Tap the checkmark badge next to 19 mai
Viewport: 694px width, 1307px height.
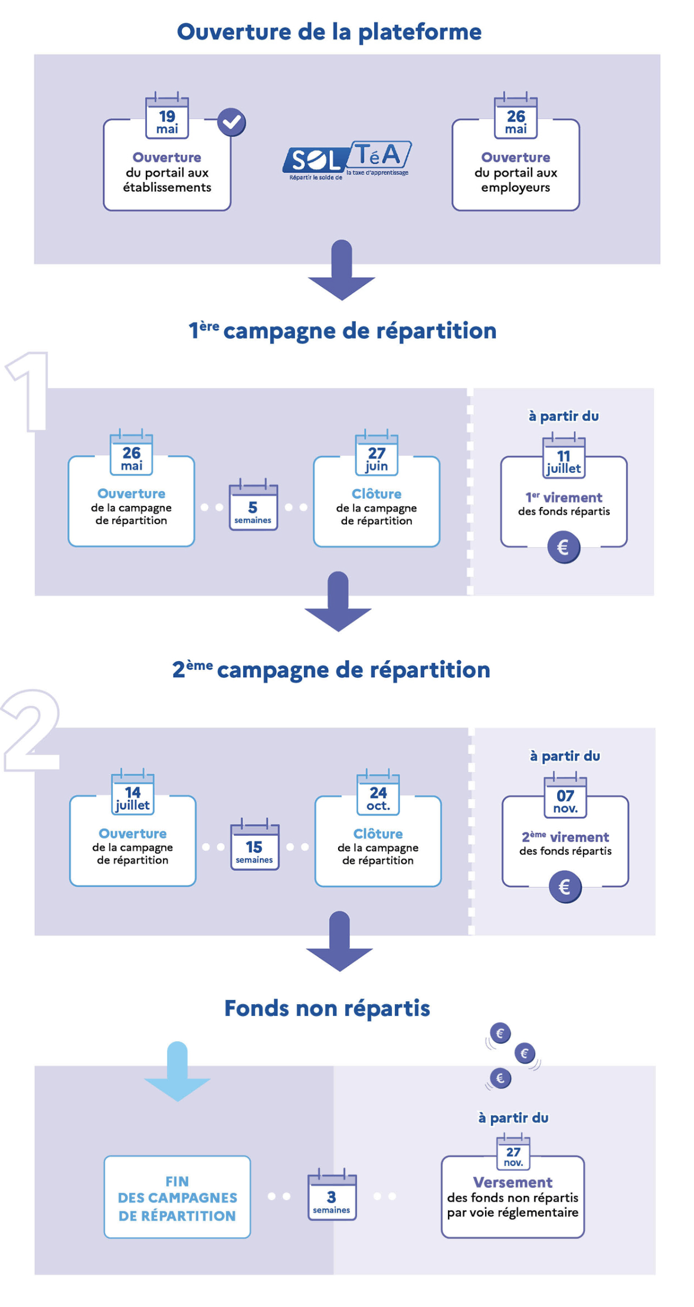231,122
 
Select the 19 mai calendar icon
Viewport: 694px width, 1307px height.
167,117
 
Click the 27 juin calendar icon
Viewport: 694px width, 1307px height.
377,454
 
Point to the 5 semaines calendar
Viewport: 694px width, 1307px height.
253,506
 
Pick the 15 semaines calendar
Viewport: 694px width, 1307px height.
254,845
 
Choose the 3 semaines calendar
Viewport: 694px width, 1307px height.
332,1195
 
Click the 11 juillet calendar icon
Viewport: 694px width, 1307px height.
564,456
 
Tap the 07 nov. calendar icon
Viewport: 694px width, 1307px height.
565,796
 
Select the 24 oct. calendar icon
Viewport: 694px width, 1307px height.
378,793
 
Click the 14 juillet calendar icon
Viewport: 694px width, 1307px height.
133,793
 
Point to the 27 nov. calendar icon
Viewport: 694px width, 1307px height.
513,1153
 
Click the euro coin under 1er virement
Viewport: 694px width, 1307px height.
564,547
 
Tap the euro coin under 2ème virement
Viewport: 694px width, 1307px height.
565,887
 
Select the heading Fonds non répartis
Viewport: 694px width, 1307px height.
327,1008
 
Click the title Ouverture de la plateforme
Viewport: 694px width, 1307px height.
329,32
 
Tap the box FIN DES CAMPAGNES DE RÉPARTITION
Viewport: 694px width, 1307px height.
177,1197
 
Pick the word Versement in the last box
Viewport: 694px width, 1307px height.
512,1182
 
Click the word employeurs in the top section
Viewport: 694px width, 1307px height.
515,188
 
